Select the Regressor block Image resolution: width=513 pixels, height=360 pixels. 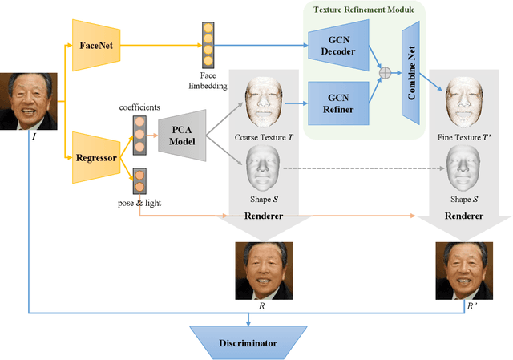click(x=95, y=158)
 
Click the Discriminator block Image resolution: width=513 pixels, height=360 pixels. click(x=248, y=342)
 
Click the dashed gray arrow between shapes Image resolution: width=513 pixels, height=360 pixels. click(x=361, y=169)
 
